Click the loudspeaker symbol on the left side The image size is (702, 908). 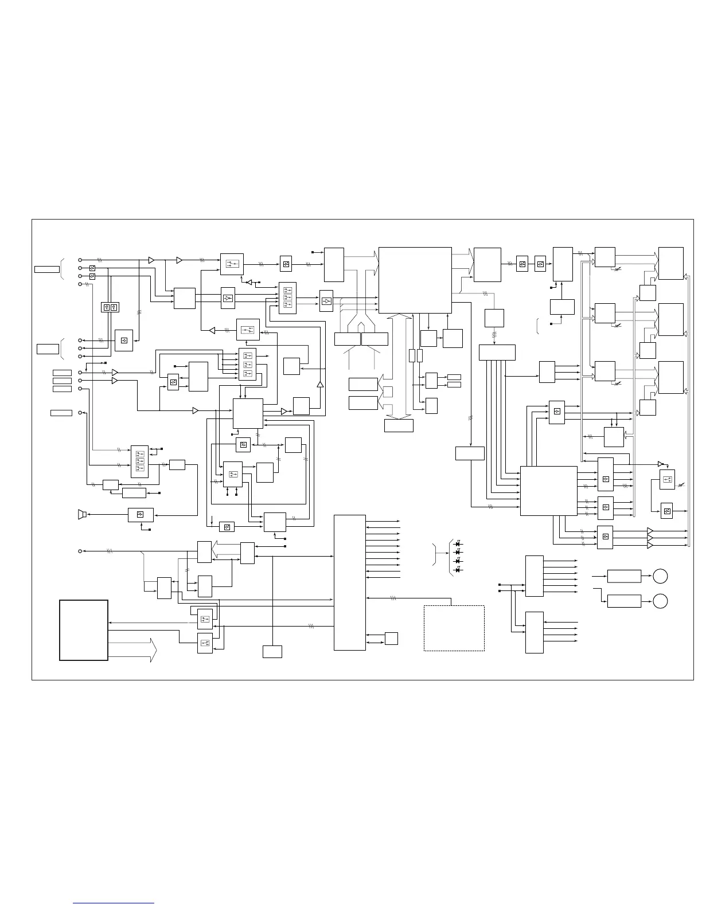[x=81, y=514]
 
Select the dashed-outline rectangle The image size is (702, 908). [x=454, y=628]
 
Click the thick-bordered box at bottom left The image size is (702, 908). [x=84, y=630]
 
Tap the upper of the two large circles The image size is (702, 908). [x=660, y=576]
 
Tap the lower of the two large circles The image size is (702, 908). [x=660, y=601]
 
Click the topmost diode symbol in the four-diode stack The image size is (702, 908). [x=458, y=543]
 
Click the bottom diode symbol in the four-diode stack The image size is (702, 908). [x=458, y=570]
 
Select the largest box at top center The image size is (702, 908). [x=415, y=280]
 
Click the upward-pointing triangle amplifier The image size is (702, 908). [x=320, y=383]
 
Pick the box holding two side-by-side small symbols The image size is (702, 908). [x=110, y=307]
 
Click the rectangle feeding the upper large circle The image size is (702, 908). [x=624, y=576]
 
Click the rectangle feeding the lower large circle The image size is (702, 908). [x=624, y=601]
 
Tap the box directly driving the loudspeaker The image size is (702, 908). [x=140, y=515]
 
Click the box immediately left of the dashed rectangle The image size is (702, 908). [x=391, y=638]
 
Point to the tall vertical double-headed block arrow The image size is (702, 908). [x=408, y=366]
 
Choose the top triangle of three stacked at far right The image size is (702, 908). [x=650, y=531]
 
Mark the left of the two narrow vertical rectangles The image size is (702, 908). [x=412, y=355]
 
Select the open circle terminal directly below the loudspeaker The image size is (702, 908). [x=80, y=551]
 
